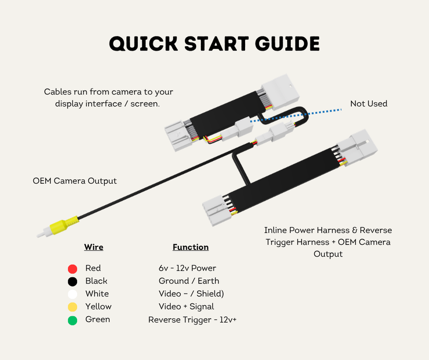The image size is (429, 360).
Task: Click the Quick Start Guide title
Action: [215, 44]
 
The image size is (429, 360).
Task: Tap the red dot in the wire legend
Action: [72, 269]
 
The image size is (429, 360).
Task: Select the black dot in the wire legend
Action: [72, 282]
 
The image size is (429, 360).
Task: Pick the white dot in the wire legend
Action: [72, 294]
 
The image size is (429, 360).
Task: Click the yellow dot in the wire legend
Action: [72, 307]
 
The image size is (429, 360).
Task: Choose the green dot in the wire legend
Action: [72, 320]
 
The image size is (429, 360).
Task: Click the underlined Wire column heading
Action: [94, 247]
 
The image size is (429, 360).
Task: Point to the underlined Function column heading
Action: [191, 247]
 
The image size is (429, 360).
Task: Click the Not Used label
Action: [369, 103]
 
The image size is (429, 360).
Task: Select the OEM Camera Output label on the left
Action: [74, 181]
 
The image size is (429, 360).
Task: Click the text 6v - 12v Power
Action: [188, 268]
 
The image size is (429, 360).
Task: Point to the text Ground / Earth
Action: [189, 281]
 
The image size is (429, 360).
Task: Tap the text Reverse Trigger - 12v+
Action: [192, 320]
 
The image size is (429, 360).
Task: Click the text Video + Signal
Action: [186, 307]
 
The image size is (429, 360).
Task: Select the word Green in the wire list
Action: [98, 319]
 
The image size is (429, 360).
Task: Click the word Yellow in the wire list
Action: [99, 307]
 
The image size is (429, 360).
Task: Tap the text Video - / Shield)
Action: [191, 294]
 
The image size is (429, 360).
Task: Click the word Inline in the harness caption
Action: [275, 230]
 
